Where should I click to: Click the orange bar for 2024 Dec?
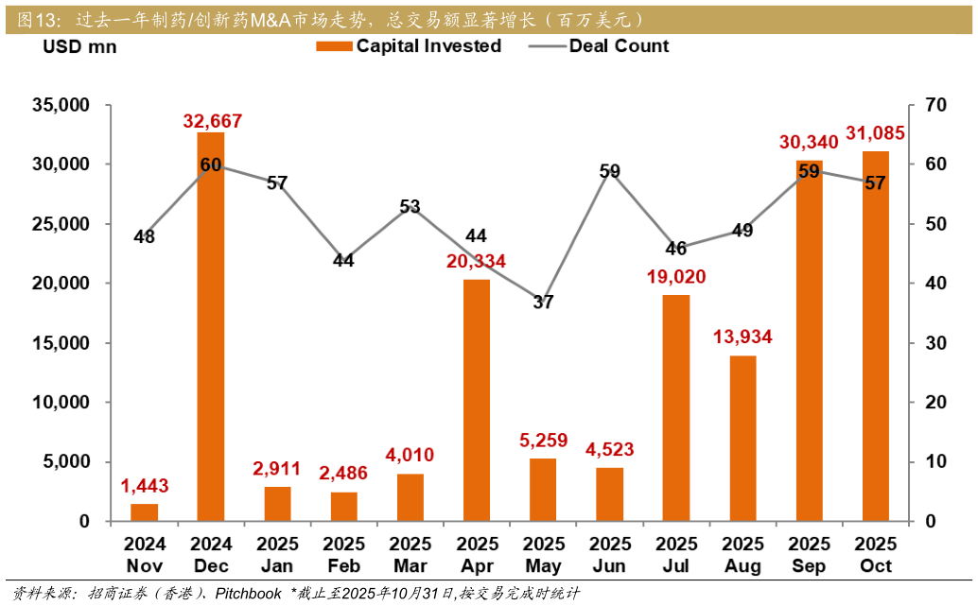[x=211, y=326]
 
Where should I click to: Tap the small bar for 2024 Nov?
[x=145, y=512]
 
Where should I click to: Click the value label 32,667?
[x=213, y=121]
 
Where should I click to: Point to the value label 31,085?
[x=875, y=133]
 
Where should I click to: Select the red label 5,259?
[x=543, y=440]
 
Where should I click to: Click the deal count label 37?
[x=543, y=303]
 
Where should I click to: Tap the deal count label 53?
[x=410, y=206]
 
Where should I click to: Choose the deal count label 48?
[x=144, y=237]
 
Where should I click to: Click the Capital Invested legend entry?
[x=409, y=46]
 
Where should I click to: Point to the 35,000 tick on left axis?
[x=59, y=105]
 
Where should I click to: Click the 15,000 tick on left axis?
[x=59, y=343]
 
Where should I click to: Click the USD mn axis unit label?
[x=80, y=47]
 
